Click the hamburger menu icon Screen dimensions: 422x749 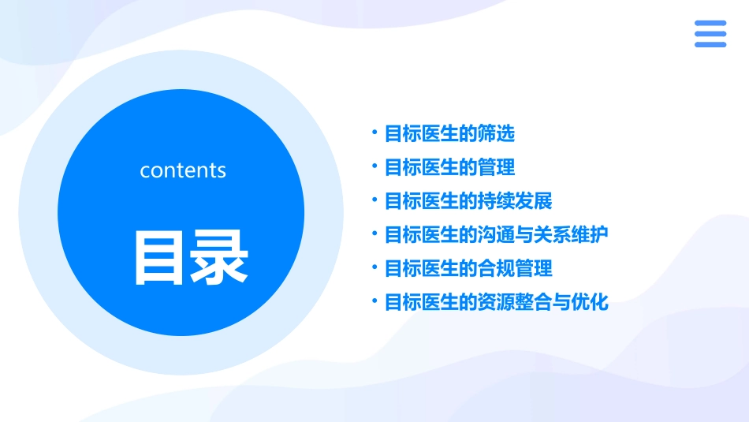pos(710,34)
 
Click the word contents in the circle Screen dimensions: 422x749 pos(183,170)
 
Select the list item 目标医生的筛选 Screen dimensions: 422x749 pos(449,134)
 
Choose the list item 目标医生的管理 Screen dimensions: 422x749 pos(449,167)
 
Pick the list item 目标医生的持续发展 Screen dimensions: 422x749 pos(468,201)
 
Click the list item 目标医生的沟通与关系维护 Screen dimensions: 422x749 pos(496,235)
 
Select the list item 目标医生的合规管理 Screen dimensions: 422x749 pos(468,268)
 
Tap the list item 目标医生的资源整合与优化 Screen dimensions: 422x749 pos(496,302)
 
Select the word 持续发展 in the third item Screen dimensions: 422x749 pos(515,201)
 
